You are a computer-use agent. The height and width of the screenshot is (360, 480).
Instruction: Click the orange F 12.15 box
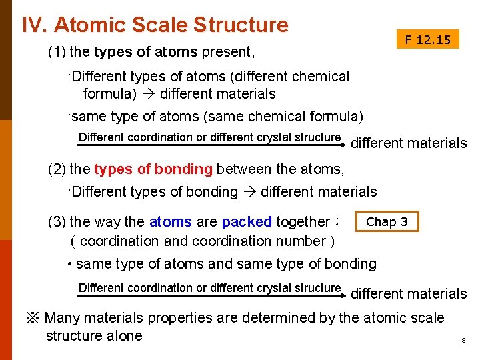(427, 40)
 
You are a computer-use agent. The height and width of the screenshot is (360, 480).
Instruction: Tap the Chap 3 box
(387, 221)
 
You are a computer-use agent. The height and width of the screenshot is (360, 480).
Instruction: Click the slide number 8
(463, 341)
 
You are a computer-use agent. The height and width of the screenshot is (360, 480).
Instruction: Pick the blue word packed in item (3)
(247, 221)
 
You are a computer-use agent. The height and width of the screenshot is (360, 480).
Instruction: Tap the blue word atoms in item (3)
(171, 221)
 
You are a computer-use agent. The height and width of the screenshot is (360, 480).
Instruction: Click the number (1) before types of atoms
(57, 52)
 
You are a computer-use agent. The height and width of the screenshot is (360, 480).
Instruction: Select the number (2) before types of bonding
(57, 169)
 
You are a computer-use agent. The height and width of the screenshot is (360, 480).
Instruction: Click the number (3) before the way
(57, 221)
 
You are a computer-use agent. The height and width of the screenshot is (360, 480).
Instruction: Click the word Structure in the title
(241, 25)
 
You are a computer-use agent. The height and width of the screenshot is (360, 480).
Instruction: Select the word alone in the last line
(124, 335)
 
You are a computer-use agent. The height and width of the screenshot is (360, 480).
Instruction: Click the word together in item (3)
(303, 221)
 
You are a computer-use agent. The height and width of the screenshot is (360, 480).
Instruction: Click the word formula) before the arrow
(109, 93)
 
